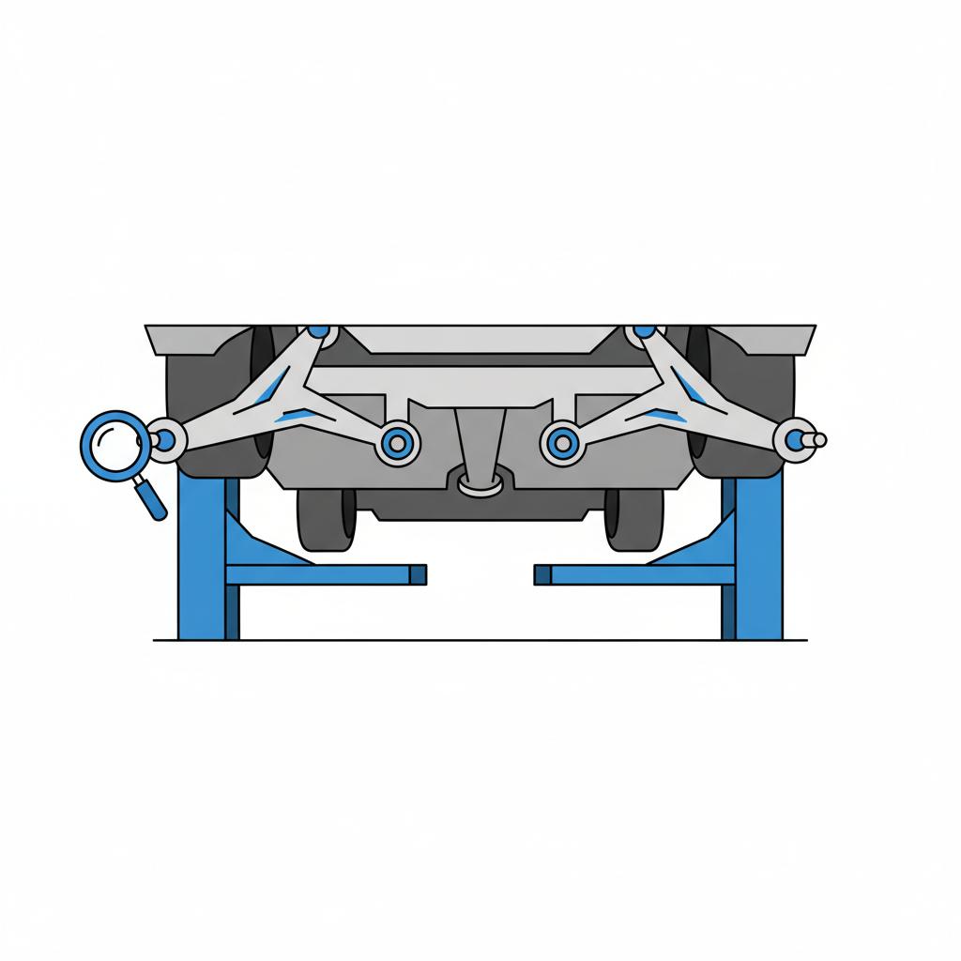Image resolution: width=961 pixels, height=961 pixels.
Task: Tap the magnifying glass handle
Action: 151,498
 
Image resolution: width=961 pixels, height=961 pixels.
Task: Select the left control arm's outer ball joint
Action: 165,438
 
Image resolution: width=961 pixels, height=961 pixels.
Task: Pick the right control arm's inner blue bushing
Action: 561,441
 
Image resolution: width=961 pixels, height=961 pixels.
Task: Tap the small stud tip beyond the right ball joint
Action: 819,439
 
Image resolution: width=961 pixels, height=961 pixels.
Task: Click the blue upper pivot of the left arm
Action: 319,330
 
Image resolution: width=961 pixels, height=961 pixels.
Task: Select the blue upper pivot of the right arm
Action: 644,330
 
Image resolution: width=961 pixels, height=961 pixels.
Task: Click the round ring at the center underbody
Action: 479,483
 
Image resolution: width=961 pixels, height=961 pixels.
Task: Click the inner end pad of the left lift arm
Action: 418,573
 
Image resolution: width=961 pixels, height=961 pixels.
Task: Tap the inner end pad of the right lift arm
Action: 542,573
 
